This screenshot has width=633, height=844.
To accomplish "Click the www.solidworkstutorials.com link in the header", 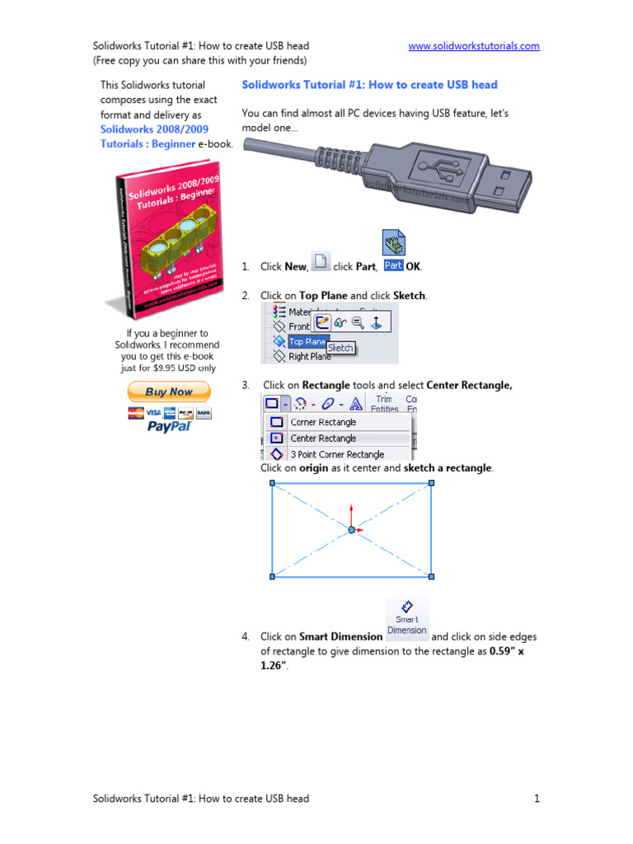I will click(474, 46).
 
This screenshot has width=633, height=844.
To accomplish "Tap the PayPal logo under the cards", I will click(169, 426).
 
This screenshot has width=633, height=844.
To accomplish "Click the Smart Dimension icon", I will click(407, 617).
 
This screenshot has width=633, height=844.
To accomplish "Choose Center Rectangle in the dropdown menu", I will click(323, 438).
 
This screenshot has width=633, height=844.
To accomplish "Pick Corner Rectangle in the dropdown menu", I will click(323, 422).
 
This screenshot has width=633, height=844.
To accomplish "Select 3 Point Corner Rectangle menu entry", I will click(336, 454).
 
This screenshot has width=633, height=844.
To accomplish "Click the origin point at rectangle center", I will click(351, 530).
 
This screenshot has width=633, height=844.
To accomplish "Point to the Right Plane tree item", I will click(309, 357).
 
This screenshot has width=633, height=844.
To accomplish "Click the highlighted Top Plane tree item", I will click(307, 341).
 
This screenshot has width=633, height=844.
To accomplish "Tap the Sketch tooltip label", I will click(340, 348).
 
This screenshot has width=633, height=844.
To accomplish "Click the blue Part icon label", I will click(393, 265).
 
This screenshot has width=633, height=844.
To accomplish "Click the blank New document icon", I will click(320, 262).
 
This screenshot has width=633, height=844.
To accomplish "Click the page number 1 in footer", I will click(537, 798).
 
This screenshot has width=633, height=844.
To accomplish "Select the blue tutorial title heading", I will click(369, 85).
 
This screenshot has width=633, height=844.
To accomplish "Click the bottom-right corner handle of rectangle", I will click(431, 576).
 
